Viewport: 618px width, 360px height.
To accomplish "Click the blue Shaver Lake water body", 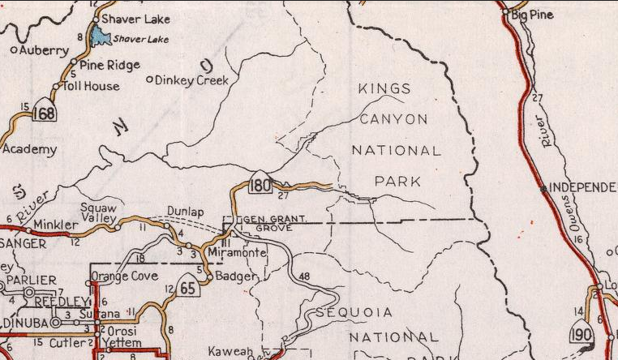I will (x=101, y=36).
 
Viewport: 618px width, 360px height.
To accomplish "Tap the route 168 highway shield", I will (x=45, y=113).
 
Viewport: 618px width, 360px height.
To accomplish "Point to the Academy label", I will (x=30, y=149).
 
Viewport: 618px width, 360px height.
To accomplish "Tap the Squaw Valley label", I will (x=99, y=212).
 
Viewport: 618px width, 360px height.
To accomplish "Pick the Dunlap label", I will (x=184, y=212).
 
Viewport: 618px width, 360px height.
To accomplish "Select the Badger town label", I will (x=238, y=276).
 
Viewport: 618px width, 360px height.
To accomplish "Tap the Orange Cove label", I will (x=122, y=276).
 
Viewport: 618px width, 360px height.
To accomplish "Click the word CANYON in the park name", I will (x=393, y=119).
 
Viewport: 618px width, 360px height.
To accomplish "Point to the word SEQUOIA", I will (x=354, y=312).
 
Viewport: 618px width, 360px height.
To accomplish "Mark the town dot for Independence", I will (x=543, y=188).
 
